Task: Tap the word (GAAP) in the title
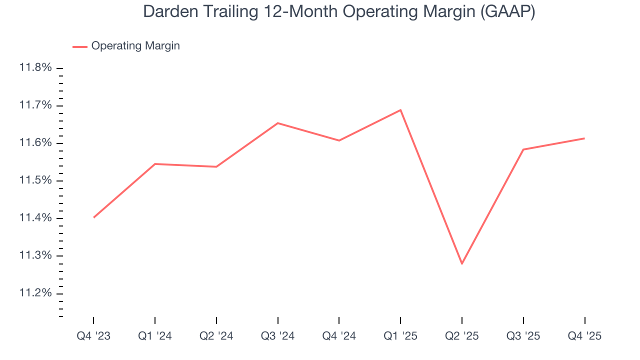(x=507, y=11)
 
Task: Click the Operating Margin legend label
(x=135, y=46)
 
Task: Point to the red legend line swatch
(x=80, y=46)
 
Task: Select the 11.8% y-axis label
(x=35, y=67)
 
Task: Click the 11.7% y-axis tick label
(x=35, y=105)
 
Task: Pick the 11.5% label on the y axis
(x=35, y=180)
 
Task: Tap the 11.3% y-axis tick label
(x=35, y=255)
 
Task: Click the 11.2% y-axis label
(x=35, y=293)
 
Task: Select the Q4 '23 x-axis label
(x=93, y=336)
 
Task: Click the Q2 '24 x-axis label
(x=216, y=336)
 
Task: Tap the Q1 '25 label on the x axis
(x=400, y=336)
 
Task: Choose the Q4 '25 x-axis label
(x=584, y=336)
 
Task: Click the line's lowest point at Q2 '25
(x=462, y=263)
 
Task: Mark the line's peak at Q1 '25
(x=400, y=110)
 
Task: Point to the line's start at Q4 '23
(x=94, y=217)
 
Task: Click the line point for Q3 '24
(x=277, y=123)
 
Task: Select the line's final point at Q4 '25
(x=584, y=138)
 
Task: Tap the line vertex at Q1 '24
(x=155, y=164)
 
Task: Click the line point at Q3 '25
(x=523, y=149)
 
